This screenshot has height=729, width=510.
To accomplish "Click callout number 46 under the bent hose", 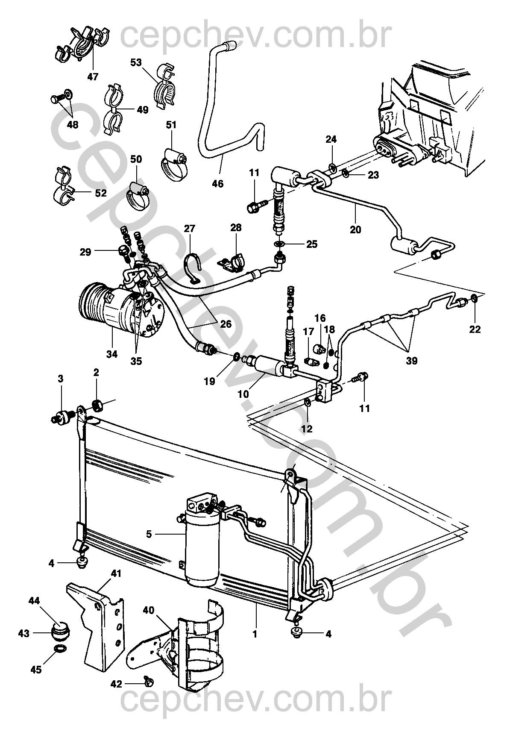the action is point(218,184).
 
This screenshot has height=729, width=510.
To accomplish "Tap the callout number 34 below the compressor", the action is point(112,354).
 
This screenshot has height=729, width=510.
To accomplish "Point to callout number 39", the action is point(411,361).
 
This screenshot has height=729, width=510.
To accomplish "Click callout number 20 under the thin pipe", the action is point(355,230).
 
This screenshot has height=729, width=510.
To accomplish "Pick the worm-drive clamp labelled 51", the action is point(175,164).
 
